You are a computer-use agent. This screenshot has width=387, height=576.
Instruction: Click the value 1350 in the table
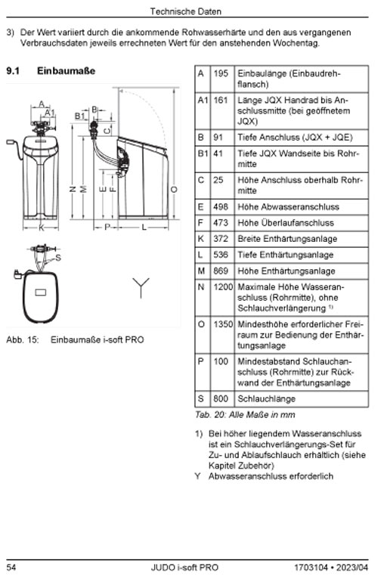223,324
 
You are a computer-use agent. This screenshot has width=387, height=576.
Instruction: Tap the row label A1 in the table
203,101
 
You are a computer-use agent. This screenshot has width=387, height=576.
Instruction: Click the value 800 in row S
221,399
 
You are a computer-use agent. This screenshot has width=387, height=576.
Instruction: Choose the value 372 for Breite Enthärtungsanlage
221,239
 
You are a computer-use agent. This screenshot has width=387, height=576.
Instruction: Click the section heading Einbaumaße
66,71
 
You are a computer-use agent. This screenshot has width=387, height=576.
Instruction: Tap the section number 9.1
13,71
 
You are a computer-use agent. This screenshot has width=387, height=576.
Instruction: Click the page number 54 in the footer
11,568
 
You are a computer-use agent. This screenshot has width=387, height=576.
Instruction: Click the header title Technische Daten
186,11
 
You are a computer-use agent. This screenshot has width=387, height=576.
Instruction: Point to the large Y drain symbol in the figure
141,287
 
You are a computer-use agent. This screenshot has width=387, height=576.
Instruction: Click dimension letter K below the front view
41,228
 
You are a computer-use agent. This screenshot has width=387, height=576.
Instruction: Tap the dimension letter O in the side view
174,190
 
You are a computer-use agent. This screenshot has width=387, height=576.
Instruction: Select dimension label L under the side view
144,228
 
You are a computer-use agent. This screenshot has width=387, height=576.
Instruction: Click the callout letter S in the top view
58,258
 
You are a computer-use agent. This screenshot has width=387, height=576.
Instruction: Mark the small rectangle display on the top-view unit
40,293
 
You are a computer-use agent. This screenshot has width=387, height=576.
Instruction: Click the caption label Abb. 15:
23,340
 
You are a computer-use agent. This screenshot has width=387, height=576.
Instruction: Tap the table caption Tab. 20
209,415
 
